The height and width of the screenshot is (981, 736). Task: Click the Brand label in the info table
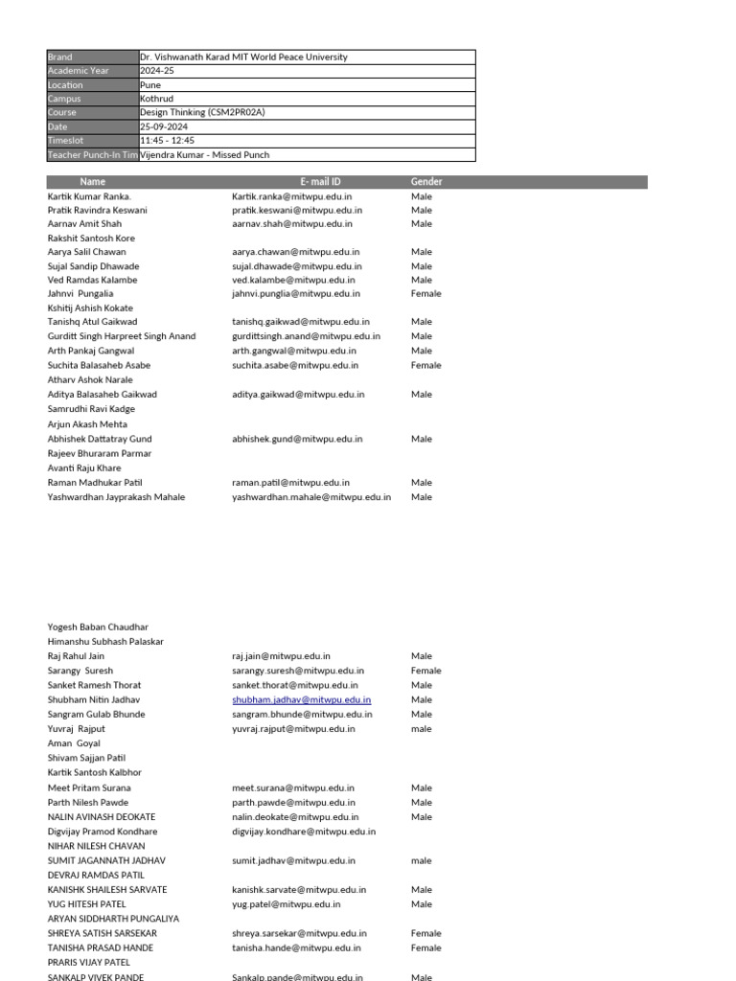click(59, 57)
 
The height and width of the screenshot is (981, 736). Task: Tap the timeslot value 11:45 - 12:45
click(167, 141)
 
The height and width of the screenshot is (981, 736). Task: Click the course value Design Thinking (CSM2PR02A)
click(201, 113)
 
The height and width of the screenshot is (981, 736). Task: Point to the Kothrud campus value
click(158, 99)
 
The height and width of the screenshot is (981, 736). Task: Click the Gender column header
click(426, 182)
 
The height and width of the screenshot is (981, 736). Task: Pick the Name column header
click(93, 182)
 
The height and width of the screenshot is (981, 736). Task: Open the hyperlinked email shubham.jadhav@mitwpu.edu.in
click(301, 700)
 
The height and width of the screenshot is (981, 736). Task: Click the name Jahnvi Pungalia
click(80, 294)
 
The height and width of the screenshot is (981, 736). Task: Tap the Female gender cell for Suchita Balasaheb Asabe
click(425, 365)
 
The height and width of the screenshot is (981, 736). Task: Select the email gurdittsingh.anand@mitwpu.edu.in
click(306, 336)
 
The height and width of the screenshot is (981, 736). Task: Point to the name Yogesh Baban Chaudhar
click(99, 627)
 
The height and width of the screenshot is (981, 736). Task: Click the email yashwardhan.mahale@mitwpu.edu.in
click(311, 497)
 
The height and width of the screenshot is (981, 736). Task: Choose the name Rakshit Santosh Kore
click(91, 238)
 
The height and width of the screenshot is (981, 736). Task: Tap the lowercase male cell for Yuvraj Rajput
click(422, 729)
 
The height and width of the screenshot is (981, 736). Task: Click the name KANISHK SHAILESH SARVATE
click(107, 890)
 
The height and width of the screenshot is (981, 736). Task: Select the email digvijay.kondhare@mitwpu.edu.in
click(304, 832)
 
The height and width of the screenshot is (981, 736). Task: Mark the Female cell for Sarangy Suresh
click(425, 671)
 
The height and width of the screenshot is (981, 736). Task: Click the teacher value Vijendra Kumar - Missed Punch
click(205, 155)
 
